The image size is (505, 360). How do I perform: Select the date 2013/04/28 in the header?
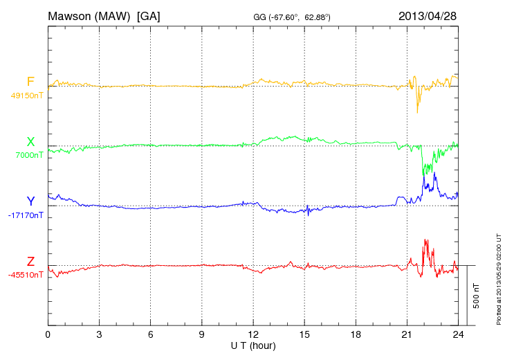point(427,15)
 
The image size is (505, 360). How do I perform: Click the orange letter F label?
point(30,82)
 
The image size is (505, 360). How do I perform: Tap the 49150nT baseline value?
point(27,96)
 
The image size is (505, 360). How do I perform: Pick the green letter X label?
point(30,142)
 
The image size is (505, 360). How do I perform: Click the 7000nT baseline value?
point(28,155)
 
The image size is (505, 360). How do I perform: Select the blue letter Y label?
point(30,201)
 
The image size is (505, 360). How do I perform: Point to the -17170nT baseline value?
point(27,215)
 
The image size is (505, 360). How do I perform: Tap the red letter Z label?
point(30,261)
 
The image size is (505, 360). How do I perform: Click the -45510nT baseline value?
point(27,275)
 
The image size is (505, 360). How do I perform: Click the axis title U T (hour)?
point(253,345)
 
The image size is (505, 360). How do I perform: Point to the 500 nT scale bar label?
point(477,296)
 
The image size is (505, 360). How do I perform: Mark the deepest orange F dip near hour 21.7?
point(418,112)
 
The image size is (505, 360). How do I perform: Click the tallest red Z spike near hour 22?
point(425,240)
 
